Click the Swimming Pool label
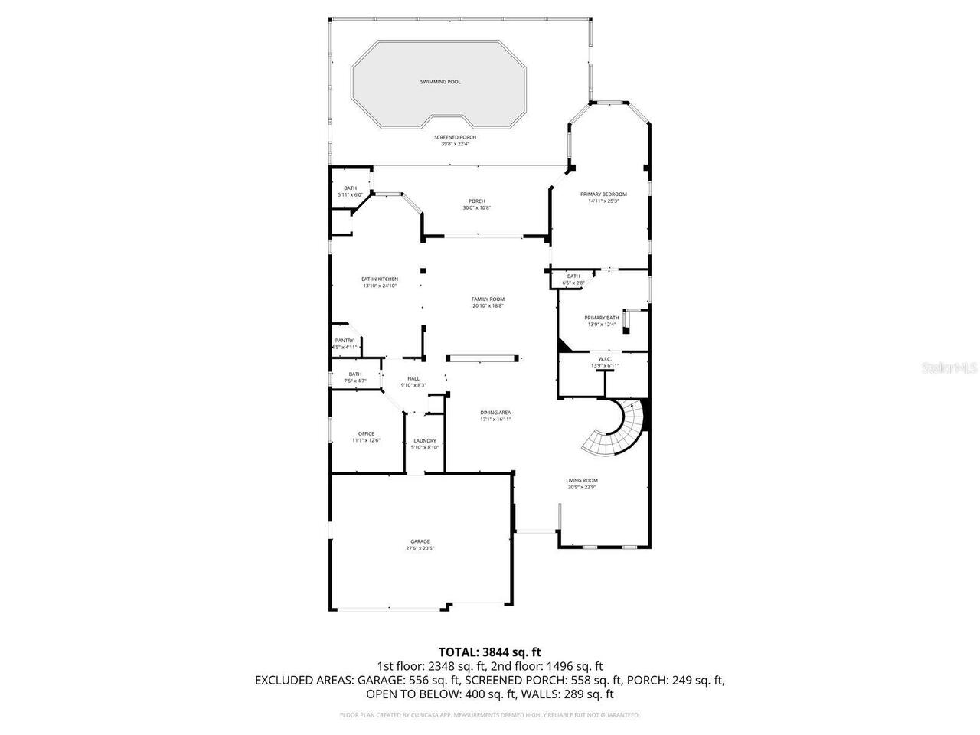(x=440, y=82)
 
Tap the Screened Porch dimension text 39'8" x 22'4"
(x=455, y=144)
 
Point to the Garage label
(x=420, y=541)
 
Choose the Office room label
(x=366, y=433)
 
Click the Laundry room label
(x=425, y=440)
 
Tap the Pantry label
(x=345, y=341)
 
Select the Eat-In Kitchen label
(x=380, y=279)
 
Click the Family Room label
(x=488, y=299)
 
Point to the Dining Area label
(x=495, y=413)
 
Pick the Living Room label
(x=582, y=480)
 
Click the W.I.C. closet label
(x=604, y=359)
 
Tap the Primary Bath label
(x=602, y=318)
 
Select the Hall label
(x=413, y=378)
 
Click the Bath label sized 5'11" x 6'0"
(x=350, y=188)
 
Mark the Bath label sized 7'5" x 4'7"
(x=355, y=374)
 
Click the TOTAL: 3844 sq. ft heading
(x=490, y=652)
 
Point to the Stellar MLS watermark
(x=949, y=368)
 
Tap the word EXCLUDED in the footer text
(x=283, y=680)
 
